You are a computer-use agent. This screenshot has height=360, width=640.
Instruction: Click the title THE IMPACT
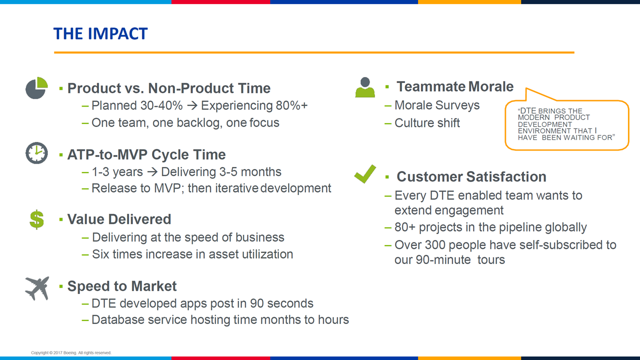[100, 33]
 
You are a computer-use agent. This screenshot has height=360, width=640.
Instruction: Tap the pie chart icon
[36, 88]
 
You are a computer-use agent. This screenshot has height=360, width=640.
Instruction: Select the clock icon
[36, 153]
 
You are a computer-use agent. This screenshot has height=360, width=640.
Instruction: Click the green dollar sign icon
[37, 219]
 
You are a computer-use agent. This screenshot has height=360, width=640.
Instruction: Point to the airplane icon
[37, 288]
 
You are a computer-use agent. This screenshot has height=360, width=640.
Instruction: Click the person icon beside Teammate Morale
[365, 87]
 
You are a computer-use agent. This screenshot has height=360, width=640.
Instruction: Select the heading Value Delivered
[119, 219]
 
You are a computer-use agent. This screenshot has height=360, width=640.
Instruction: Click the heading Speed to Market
[122, 286]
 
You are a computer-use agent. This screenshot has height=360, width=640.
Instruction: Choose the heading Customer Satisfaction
[471, 176]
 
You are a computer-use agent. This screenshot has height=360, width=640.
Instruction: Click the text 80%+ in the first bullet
[291, 105]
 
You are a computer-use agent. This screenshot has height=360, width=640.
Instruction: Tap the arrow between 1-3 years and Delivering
[152, 172]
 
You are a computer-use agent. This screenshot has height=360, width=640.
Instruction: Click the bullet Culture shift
[427, 123]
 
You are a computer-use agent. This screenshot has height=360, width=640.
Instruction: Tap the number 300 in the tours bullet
[435, 245]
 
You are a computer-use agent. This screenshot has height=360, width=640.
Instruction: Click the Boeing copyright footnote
[71, 352]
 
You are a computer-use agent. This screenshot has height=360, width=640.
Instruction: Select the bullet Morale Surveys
[437, 105]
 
